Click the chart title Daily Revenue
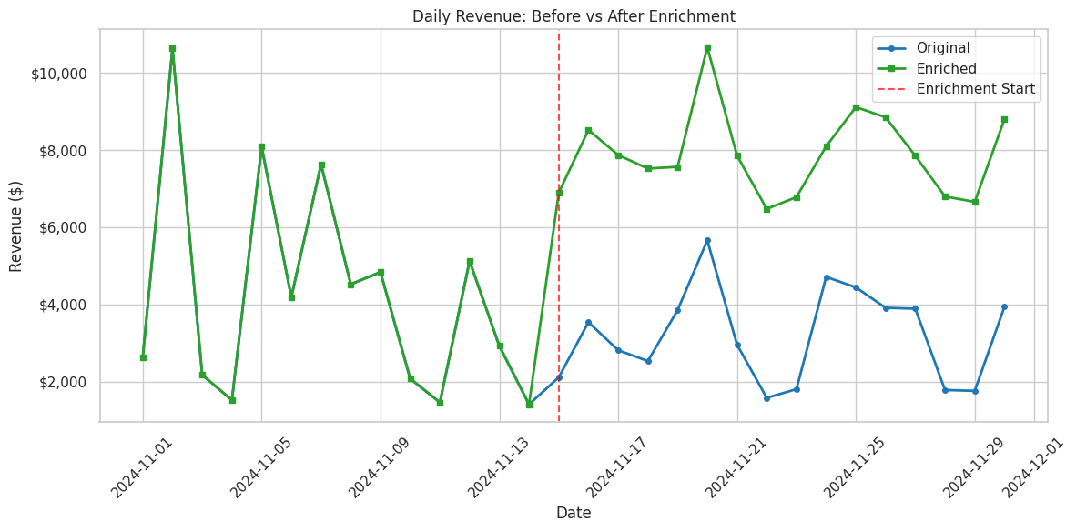[x=574, y=16]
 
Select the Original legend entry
[x=942, y=48]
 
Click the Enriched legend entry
[x=946, y=68]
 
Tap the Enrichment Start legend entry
[x=975, y=89]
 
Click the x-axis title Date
[x=574, y=514]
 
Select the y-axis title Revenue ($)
[x=16, y=225]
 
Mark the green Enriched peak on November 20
[x=707, y=47]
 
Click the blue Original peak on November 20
[x=707, y=241]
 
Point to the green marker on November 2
[x=172, y=49]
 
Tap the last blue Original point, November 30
[x=1004, y=306]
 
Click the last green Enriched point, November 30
[x=1004, y=119]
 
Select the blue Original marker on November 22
[x=766, y=398]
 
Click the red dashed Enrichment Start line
[x=559, y=273]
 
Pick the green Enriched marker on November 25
[x=856, y=107]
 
